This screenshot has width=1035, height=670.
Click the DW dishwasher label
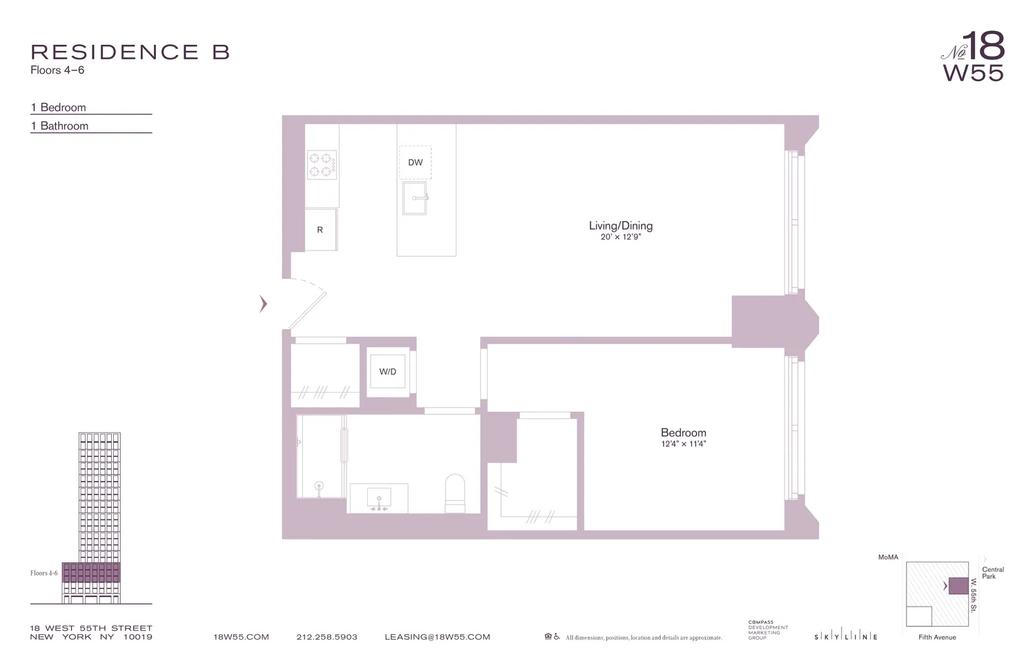pos(415,163)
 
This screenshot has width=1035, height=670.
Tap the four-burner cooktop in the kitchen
pos(322,165)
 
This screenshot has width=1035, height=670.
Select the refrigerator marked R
pos(320,230)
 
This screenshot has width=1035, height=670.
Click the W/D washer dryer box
pos(388,372)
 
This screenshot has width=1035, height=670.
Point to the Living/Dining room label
pos(620,226)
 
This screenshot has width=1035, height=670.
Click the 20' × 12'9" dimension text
pos(620,237)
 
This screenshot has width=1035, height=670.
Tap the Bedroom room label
pos(683,433)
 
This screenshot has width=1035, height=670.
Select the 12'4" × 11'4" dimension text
pos(683,444)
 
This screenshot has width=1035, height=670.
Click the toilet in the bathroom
pos(455,493)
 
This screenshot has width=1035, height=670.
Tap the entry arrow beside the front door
pos(263,304)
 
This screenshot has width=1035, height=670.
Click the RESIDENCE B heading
pos(130,52)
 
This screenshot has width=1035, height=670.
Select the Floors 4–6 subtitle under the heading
pos(57,70)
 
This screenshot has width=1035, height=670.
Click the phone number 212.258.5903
pos(327,637)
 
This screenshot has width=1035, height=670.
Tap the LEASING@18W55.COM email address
pos(437,637)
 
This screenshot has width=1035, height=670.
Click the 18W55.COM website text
pos(241,637)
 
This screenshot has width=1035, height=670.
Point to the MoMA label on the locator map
pos(888,557)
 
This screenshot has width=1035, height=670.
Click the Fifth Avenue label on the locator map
pos(937,637)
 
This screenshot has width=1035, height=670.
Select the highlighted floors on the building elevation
pos(91,573)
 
